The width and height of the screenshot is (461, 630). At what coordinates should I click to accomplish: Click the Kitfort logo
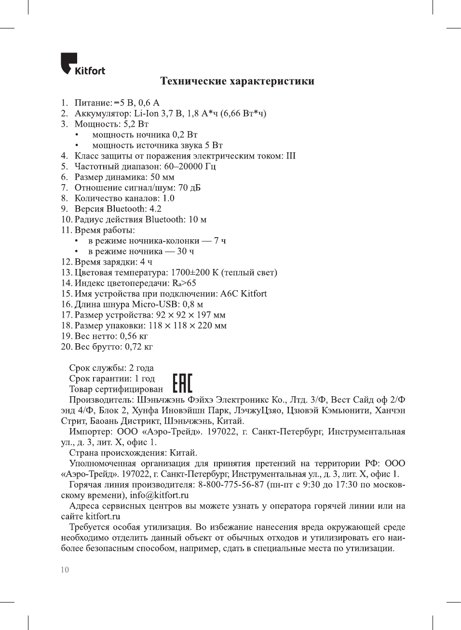82,64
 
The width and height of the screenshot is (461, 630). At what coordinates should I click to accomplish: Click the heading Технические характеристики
237,81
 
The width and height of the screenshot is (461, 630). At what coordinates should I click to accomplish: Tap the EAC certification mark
182,383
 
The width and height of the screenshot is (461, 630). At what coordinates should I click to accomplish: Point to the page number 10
65,570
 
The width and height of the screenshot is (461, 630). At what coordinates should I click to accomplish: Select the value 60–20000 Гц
190,166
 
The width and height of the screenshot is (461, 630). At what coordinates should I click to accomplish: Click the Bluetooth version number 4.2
155,209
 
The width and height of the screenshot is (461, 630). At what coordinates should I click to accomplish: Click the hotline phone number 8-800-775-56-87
231,484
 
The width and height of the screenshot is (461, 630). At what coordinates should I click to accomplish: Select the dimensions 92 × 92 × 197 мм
190,315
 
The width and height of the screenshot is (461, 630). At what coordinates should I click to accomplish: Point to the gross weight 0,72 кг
139,347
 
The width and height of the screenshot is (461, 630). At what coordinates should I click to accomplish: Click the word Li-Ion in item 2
146,113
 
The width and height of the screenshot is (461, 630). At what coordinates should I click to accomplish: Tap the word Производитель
101,400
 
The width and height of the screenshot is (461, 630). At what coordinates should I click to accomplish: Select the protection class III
291,156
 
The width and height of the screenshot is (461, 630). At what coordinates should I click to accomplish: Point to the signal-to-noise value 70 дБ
190,188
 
